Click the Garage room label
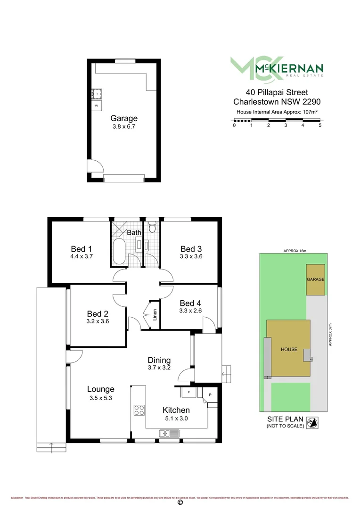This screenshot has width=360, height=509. [124, 118]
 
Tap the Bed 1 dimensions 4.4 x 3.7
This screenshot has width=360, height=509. [79, 257]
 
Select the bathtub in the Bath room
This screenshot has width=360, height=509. [119, 252]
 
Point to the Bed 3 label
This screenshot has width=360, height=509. [191, 249]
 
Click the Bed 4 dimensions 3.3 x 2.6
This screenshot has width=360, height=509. [190, 311]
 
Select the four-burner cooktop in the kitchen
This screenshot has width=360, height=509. [139, 410]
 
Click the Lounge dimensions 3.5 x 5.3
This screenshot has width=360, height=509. [101, 397]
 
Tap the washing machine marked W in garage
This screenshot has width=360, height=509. [97, 106]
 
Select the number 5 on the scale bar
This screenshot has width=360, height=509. [320, 125]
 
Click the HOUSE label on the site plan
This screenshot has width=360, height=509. [289, 349]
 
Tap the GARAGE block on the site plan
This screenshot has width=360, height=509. [315, 279]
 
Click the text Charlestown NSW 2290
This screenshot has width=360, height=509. [277, 101]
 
